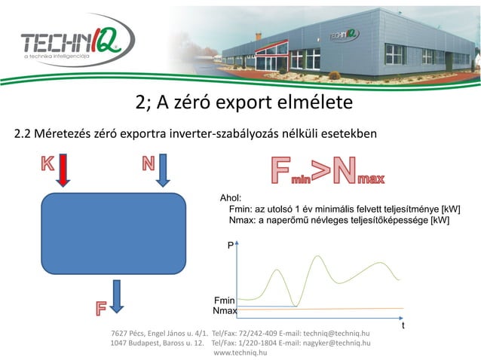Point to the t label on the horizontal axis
coord(403,326)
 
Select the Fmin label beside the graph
coord(225,301)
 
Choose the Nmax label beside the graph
coord(225,311)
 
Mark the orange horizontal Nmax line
coord(347,309)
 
